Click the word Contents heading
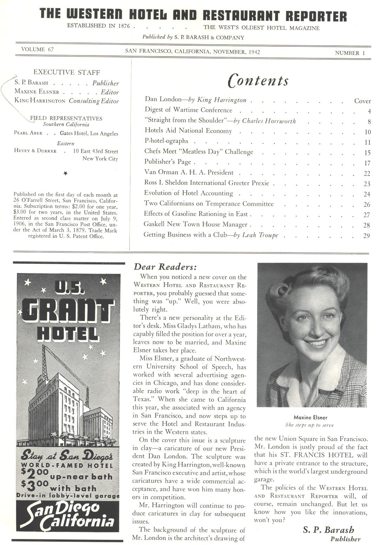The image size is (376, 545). [258, 81]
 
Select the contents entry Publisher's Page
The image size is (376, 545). [168, 162]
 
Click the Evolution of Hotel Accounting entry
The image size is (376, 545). [188, 193]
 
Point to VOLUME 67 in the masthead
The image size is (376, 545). [38, 50]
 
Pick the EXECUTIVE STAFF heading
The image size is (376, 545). [67, 72]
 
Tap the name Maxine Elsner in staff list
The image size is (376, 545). [37, 92]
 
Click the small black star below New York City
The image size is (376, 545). [66, 173]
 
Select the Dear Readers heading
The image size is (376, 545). [165, 267]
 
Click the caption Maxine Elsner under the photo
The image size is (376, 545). [310, 418]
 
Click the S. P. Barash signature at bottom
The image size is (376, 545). [328, 530]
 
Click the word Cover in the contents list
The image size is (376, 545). [362, 101]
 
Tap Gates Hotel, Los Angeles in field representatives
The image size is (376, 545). [89, 133]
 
